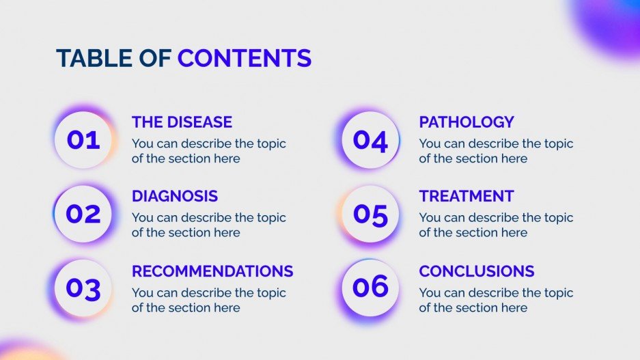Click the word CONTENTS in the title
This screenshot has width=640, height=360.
[x=245, y=58]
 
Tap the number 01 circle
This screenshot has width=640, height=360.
[x=83, y=140]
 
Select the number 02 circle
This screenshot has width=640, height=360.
[x=83, y=214]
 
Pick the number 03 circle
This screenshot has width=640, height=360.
[x=83, y=288]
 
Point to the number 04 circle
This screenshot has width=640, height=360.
[x=370, y=140]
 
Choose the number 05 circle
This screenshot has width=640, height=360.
[x=370, y=214]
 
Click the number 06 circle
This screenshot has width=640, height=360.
[x=370, y=287]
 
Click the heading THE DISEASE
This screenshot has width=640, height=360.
[x=182, y=122]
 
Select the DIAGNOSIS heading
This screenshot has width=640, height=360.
[x=175, y=196]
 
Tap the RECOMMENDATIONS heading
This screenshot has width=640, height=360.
[x=212, y=271]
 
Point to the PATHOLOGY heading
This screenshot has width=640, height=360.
[x=467, y=122]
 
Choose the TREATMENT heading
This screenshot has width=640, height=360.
[x=467, y=196]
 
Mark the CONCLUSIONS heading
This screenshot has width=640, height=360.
[x=477, y=271]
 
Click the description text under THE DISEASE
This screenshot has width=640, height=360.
[x=208, y=151]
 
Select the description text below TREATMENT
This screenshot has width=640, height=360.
[x=496, y=225]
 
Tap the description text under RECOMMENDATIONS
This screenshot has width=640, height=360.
[x=208, y=300]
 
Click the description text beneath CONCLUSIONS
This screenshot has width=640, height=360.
[x=496, y=300]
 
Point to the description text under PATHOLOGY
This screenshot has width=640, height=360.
[x=496, y=151]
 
